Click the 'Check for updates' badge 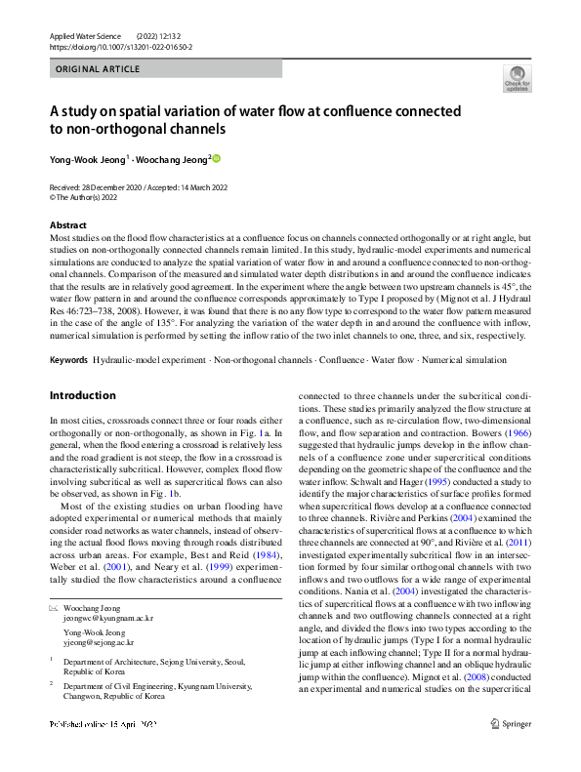coord(517,78)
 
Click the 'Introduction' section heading coord(82,395)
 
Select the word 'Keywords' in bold coord(68,360)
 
